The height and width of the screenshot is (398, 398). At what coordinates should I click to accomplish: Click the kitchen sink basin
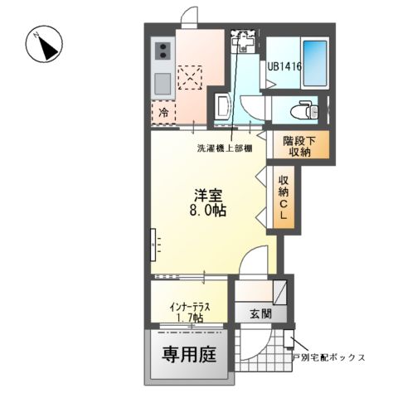tap(161, 83)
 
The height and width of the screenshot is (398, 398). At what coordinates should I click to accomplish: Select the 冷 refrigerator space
tap(163, 110)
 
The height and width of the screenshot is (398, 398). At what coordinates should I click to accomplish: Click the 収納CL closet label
tap(284, 197)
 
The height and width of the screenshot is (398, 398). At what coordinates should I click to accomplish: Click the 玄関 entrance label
tap(259, 313)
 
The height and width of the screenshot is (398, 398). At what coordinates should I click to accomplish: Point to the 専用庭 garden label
tap(187, 355)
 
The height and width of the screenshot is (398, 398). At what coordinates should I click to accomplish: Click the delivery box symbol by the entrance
tap(288, 337)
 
